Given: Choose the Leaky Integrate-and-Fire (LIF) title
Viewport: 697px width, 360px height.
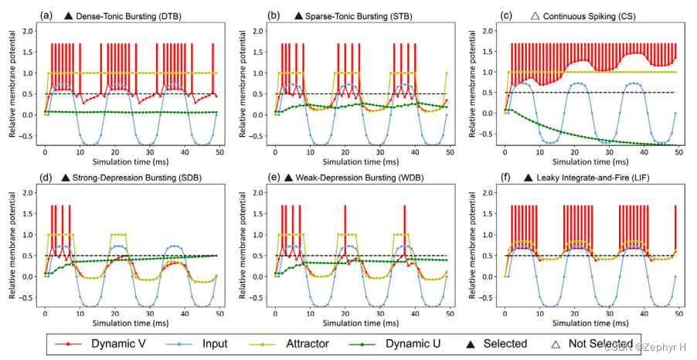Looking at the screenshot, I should coord(596,178).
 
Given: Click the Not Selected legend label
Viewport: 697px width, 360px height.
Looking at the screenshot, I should coord(599,343).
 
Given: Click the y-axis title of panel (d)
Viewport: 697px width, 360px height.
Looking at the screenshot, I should coord(13,249).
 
